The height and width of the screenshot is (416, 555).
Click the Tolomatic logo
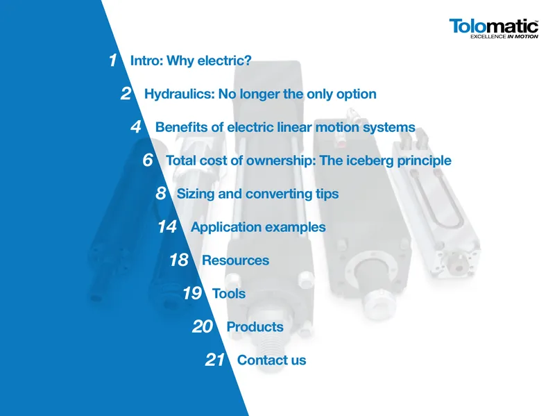tap(494, 28)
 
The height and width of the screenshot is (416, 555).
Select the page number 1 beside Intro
tap(113, 60)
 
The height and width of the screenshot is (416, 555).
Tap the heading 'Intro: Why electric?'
tap(191, 60)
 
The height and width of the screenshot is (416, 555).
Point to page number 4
tap(136, 127)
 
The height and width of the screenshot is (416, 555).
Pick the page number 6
tap(148, 160)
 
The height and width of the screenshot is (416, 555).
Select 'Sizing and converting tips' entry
tap(257, 194)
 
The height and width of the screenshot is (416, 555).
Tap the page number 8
tap(161, 194)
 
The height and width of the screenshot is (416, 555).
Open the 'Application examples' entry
tap(258, 227)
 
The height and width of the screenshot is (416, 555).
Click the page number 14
tap(167, 227)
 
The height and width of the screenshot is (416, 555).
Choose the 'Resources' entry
tap(235, 260)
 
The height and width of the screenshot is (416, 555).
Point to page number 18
tap(179, 260)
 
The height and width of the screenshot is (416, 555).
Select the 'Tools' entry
tap(229, 294)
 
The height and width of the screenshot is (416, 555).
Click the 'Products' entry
tap(255, 327)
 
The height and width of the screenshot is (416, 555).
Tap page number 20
tap(203, 326)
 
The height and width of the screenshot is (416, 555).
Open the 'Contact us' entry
tap(271, 360)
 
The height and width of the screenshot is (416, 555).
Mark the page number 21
tap(214, 360)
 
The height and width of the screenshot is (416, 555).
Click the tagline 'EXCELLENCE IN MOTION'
tap(504, 36)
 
